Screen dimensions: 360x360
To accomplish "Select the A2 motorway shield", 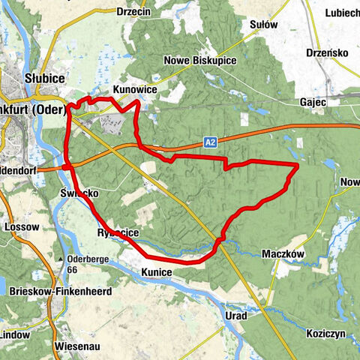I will point(213,139).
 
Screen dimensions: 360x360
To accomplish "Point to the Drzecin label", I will point(134,11).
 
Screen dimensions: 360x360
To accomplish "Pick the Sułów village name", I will point(262,25).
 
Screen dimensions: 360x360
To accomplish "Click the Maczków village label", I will point(284,254).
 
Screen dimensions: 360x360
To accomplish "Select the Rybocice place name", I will point(118,234).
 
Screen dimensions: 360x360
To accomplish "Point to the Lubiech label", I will point(342,13).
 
